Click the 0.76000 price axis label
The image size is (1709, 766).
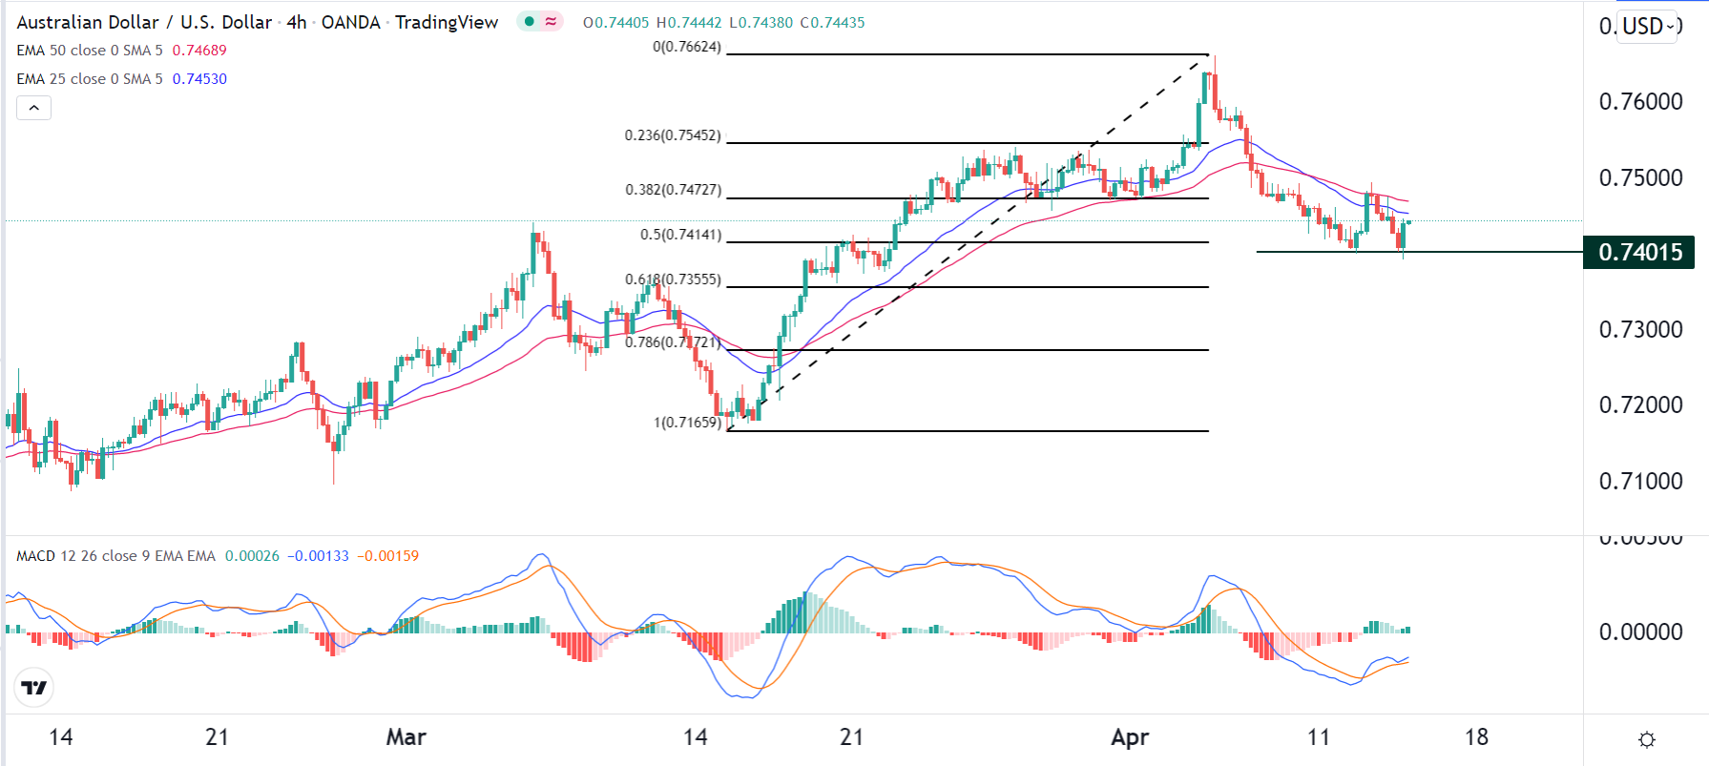(1640, 102)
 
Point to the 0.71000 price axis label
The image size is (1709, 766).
(1640, 482)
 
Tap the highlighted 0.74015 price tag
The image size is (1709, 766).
(1639, 253)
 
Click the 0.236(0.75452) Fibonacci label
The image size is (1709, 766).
(673, 135)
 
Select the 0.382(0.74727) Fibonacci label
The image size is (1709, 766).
(673, 190)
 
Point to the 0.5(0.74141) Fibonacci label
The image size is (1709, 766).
(680, 235)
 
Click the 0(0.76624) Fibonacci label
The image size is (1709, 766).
(686, 47)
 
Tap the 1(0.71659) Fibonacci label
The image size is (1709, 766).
(687, 422)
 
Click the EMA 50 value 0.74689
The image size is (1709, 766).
(199, 51)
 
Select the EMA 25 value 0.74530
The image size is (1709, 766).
(199, 79)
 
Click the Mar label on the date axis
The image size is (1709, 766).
(406, 737)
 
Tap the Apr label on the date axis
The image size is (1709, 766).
(1130, 737)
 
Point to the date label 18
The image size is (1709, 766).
(1476, 737)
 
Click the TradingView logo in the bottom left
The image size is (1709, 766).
(34, 687)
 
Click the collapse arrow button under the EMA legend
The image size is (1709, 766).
(33, 108)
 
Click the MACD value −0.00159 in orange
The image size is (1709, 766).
(387, 556)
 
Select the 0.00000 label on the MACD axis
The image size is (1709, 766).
(1640, 631)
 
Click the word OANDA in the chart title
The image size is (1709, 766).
(350, 22)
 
